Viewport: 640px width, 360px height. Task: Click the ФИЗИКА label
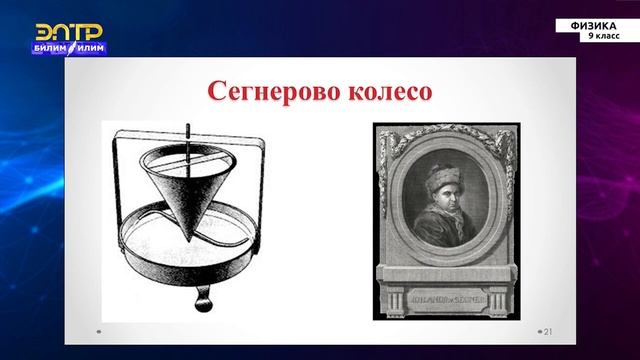596,25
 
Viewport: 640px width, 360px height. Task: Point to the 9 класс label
603,36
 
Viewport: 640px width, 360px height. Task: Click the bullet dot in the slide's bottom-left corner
98,331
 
